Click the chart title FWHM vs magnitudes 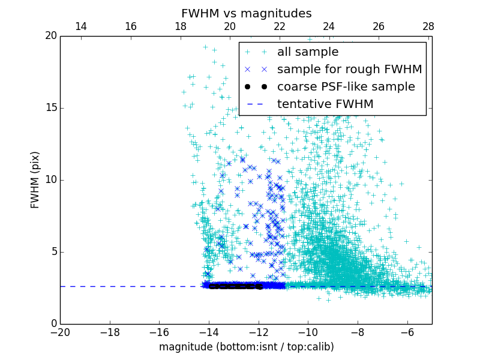(246, 13)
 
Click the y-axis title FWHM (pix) (35, 180)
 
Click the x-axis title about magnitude (246, 347)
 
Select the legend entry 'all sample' (308, 52)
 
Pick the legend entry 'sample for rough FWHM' (349, 70)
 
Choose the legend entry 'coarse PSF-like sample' (346, 87)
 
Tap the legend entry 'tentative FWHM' (325, 104)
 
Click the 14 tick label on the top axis (81, 26)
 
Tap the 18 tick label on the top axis (180, 26)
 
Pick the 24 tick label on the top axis (329, 26)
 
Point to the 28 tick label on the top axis (428, 26)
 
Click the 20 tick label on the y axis (50, 36)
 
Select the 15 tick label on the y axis (50, 108)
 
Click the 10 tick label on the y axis (50, 180)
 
